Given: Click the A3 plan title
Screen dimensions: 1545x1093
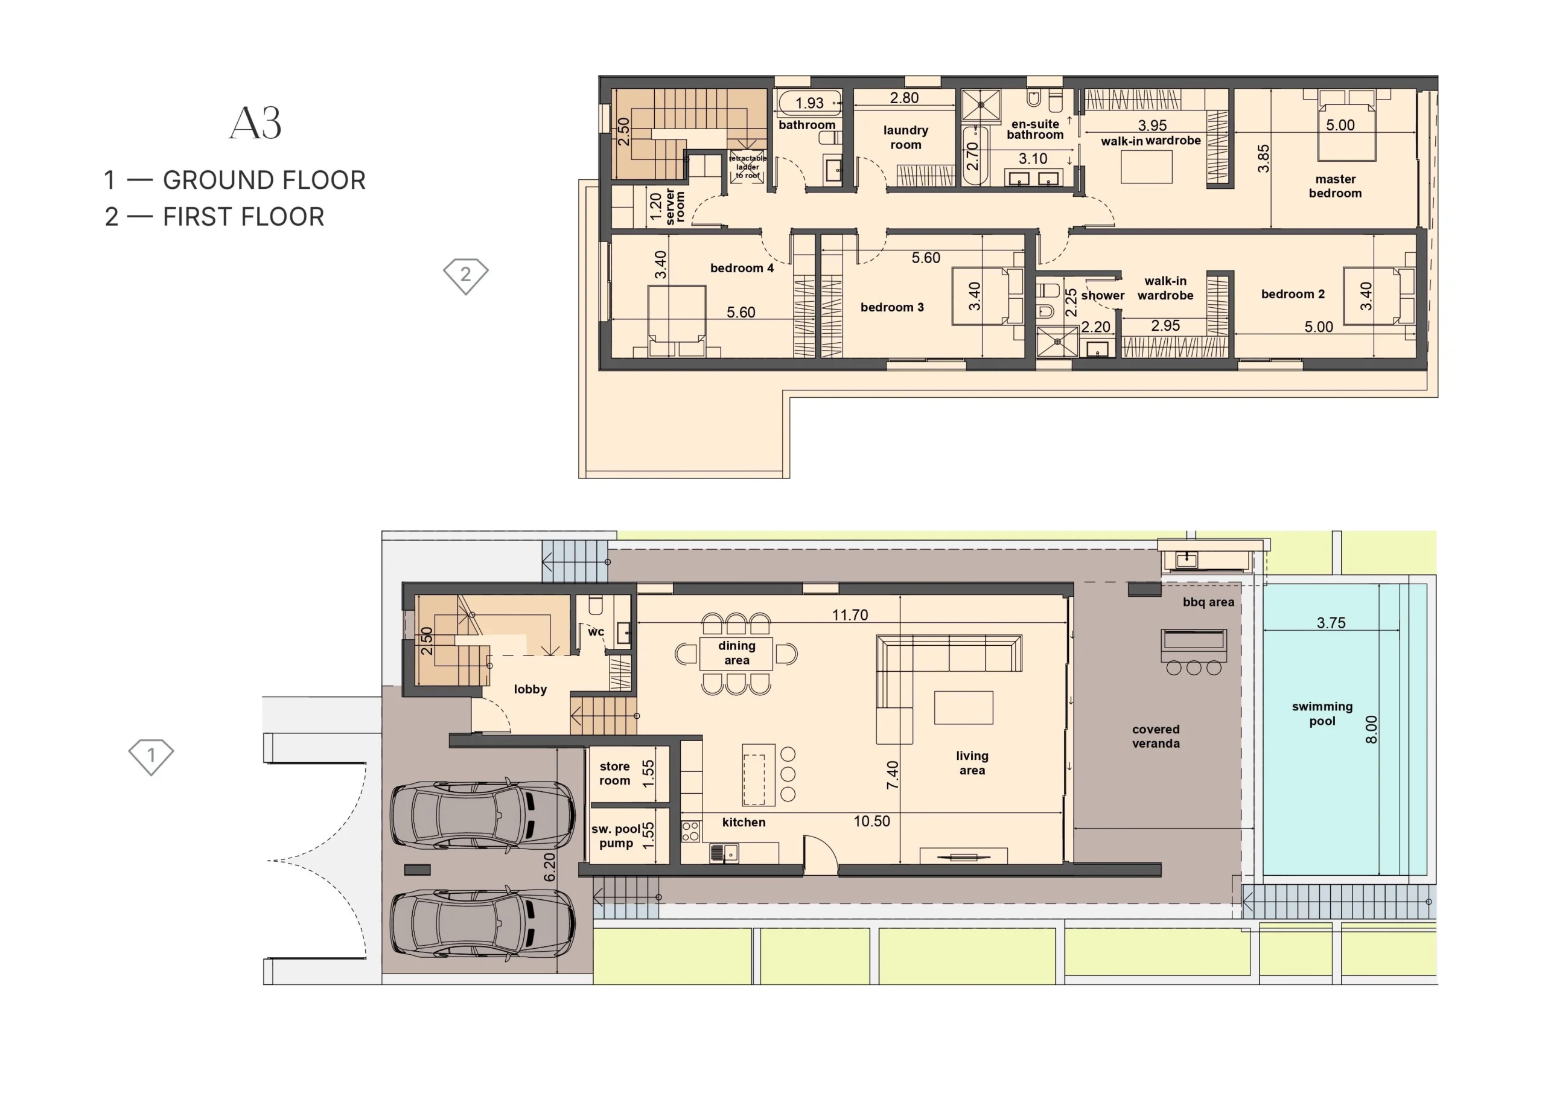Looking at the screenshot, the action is pos(255,123).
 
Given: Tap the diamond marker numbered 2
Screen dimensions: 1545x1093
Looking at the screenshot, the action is pos(466,276).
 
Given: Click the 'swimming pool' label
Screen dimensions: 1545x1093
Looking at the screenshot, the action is pos(1322,713).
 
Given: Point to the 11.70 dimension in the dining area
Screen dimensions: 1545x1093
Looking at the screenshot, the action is pos(850,615).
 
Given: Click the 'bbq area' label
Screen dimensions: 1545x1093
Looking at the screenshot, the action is pos(1209,602).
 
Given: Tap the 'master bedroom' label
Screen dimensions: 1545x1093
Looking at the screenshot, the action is pos(1335,186).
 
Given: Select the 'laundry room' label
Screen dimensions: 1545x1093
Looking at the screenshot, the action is pos(906,137).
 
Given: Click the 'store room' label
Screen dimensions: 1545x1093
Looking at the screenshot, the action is pos(615,773).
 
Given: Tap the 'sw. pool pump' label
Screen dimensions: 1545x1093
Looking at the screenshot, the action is pos(616,836).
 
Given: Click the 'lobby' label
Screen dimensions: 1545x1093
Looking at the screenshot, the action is pos(530,689).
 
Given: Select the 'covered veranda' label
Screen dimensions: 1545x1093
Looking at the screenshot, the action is pos(1156,736).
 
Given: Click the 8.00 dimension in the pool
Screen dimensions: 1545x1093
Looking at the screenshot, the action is pos(1371,730).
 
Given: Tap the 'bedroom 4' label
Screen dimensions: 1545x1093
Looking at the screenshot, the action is pos(742,268).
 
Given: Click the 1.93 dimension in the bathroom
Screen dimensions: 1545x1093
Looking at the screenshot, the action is pos(809,103).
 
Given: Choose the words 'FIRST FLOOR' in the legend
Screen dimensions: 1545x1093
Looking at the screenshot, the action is pos(244,217).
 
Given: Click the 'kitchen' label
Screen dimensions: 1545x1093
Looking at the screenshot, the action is pos(744,823).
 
